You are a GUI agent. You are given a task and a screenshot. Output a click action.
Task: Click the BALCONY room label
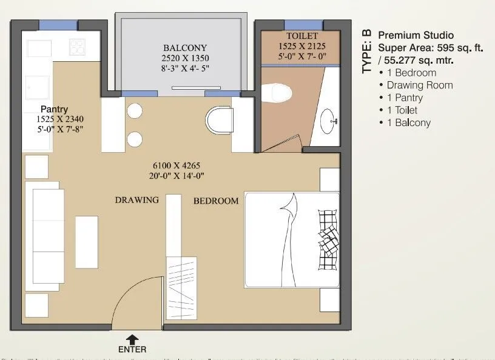(185, 48)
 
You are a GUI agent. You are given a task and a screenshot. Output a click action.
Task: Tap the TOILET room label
(302, 36)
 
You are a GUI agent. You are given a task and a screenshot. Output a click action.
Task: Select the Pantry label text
(54, 109)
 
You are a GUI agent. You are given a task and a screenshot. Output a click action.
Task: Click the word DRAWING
(136, 199)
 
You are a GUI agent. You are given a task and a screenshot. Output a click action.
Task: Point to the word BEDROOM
(216, 201)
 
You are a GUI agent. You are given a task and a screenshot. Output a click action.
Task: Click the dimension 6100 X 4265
(176, 165)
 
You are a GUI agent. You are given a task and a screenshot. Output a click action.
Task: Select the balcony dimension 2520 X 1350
(185, 58)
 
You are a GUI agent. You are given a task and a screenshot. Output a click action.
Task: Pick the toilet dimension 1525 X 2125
(302, 46)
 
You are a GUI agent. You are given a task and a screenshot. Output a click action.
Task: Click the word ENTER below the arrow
(132, 350)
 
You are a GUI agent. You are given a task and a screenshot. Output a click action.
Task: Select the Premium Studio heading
(416, 35)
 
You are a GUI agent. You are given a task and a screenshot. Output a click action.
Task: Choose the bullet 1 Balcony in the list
(405, 122)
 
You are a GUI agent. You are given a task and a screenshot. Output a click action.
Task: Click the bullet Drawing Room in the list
(416, 85)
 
